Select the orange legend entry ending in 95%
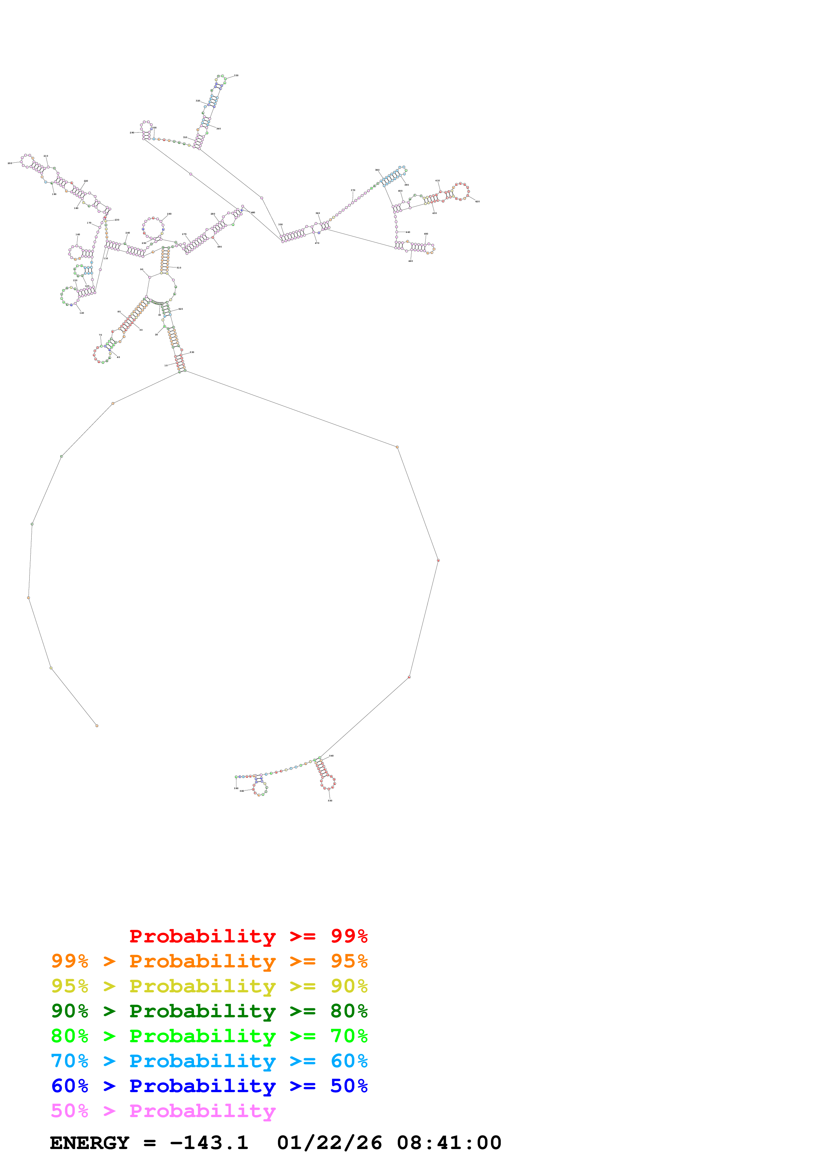pyautogui.click(x=209, y=961)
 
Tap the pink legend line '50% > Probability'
pyautogui.click(x=163, y=1110)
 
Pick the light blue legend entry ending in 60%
pyautogui.click(x=209, y=1061)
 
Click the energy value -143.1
pyautogui.click(x=209, y=1143)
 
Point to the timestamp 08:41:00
pyautogui.click(x=449, y=1143)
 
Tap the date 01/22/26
pyautogui.click(x=329, y=1143)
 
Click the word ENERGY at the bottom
pyautogui.click(x=90, y=1143)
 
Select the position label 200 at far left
pyautogui.click(x=10, y=163)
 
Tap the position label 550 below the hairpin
pyautogui.click(x=330, y=800)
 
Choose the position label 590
pyautogui.click(x=236, y=788)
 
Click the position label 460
pyautogui.click(x=410, y=261)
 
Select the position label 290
pyautogui.click(x=132, y=133)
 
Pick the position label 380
pyautogui.click(x=377, y=170)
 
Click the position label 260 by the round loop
pyautogui.click(x=169, y=214)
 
